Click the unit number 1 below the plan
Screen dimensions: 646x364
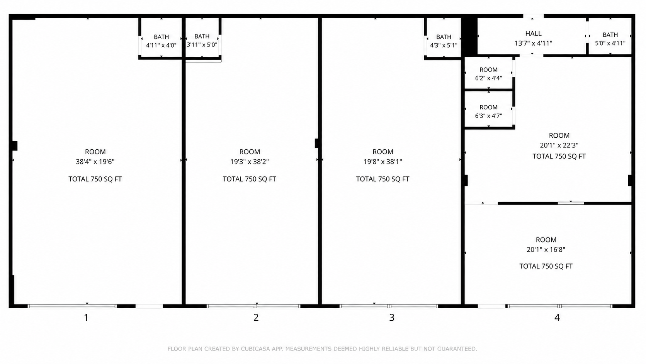pyautogui.click(x=86, y=318)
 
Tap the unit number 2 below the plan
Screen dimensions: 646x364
pyautogui.click(x=256, y=318)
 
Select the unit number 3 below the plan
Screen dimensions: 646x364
pyautogui.click(x=392, y=318)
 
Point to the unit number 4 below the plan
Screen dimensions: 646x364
pyautogui.click(x=557, y=318)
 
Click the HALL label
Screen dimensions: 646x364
pyautogui.click(x=533, y=34)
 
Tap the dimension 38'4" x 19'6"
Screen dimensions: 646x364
pyautogui.click(x=95, y=162)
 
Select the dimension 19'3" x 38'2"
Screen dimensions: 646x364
pyautogui.click(x=250, y=162)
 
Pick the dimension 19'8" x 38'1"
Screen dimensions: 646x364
pyautogui.click(x=383, y=162)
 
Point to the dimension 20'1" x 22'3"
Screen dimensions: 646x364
pyautogui.click(x=559, y=145)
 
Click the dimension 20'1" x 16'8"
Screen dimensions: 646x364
pyautogui.click(x=546, y=250)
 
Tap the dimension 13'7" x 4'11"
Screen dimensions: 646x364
pyautogui.click(x=534, y=43)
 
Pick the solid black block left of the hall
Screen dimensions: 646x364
pyautogui.click(x=469, y=36)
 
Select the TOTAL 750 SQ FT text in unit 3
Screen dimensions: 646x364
pyautogui.click(x=383, y=179)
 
